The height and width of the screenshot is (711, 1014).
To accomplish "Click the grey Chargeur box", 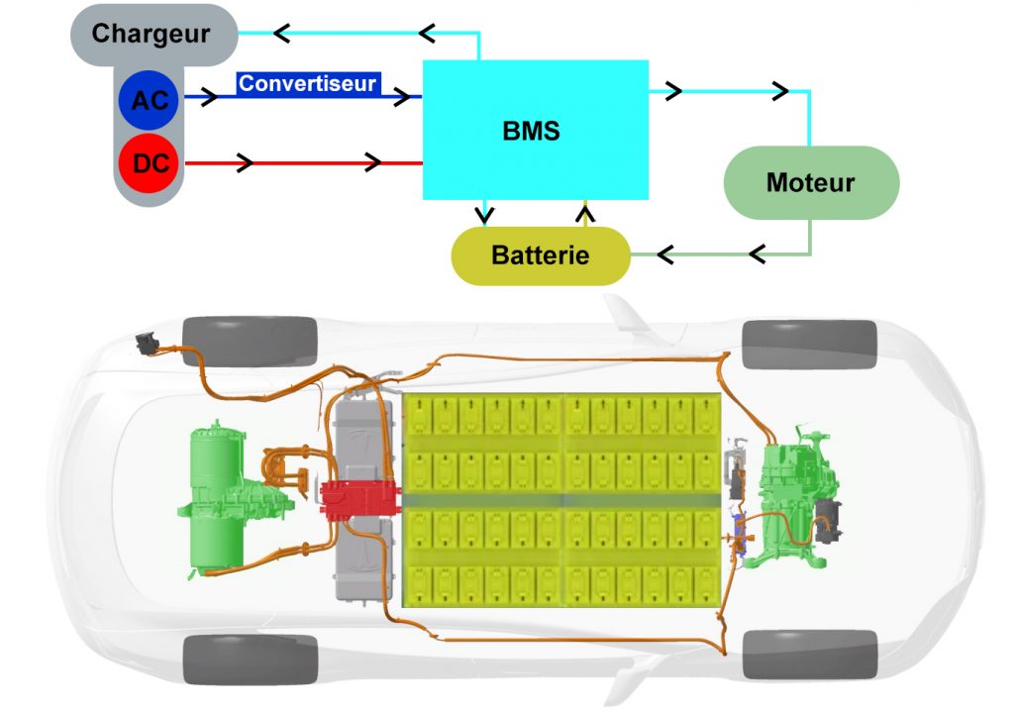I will [x=152, y=34].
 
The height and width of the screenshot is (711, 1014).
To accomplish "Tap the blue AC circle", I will [x=149, y=100].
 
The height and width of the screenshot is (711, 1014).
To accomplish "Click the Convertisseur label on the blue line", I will [x=307, y=84].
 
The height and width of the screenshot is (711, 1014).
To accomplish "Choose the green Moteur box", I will [x=810, y=182].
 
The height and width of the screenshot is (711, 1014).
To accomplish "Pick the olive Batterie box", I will [x=540, y=255].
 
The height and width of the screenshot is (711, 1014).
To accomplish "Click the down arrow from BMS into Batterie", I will [x=483, y=212].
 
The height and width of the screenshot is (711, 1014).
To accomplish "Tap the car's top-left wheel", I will [x=250, y=339].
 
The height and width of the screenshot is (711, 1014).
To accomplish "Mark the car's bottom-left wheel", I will [x=250, y=659].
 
